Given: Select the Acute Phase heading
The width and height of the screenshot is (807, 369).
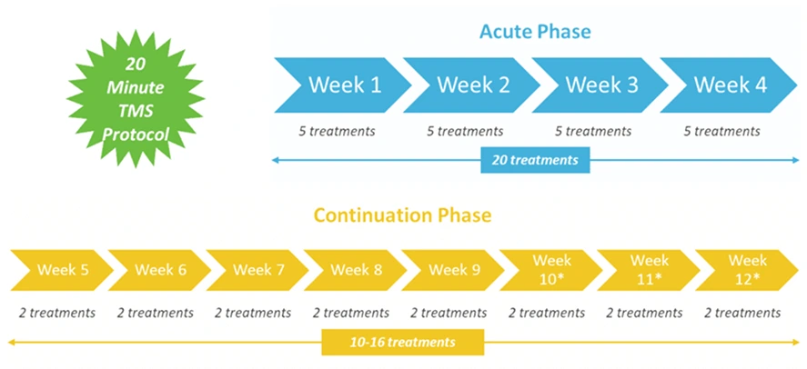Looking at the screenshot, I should tap(535, 32).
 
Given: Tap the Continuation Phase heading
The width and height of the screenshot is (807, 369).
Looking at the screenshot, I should tap(402, 215).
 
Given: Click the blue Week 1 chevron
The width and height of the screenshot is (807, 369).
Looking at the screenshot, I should tap(343, 85).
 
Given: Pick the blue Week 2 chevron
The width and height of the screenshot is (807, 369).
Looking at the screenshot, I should tap(471, 85).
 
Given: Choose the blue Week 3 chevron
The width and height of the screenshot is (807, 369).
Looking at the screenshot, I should tap(600, 85).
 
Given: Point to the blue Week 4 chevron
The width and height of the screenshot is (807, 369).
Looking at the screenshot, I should tap(729, 85).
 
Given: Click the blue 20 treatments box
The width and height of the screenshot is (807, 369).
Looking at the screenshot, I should tap(535, 160).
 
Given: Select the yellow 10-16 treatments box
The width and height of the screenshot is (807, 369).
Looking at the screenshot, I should tap(402, 343).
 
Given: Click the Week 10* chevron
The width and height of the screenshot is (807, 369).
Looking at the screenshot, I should tap(549, 270).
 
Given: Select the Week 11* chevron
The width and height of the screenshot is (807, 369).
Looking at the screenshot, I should tap(647, 270).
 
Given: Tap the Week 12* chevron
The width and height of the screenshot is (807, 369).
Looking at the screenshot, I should tap(745, 270).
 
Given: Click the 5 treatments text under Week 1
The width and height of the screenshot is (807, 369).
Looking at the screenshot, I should tap(337, 131).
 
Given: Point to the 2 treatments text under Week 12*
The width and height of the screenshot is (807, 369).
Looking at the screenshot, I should tap(742, 313).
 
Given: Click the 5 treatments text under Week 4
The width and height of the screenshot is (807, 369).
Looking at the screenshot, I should tap(722, 131).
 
